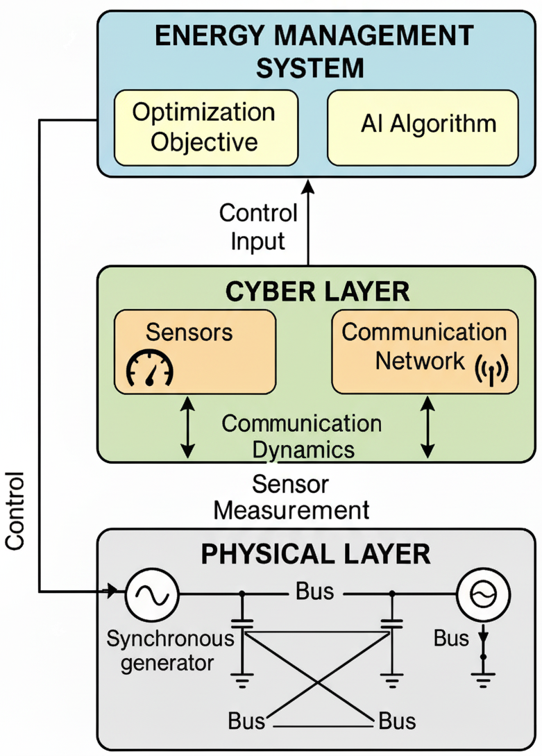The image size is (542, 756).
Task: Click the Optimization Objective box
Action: tap(205, 127)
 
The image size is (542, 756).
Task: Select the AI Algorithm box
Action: tap(423, 127)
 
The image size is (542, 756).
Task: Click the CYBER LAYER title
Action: tap(317, 292)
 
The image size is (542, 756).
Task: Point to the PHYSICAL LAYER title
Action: tap(316, 555)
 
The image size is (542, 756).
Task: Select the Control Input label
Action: tap(258, 226)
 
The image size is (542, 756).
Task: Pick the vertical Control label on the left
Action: tap(15, 512)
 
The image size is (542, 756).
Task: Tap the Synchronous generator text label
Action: tap(161, 650)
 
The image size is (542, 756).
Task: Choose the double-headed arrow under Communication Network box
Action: tap(428, 426)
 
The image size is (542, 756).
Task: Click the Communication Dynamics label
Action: tap(302, 436)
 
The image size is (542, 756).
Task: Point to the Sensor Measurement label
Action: tap(291, 497)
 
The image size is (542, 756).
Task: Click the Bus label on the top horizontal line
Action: tap(314, 592)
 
